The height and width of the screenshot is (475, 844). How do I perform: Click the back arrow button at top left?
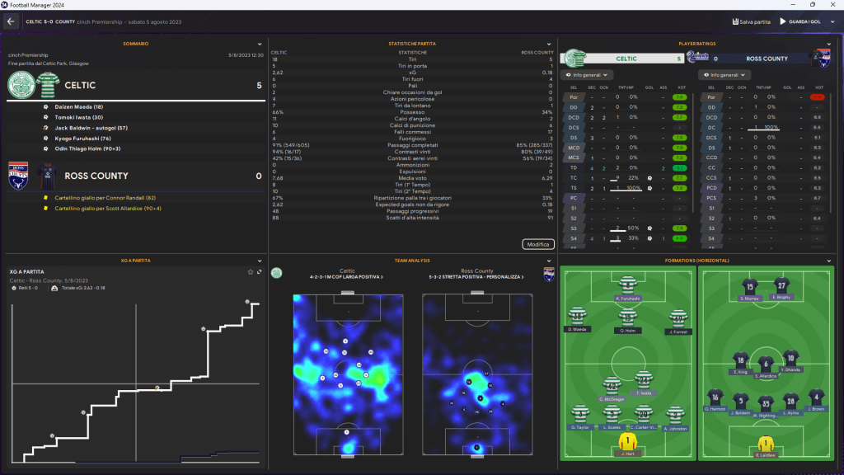click(12, 21)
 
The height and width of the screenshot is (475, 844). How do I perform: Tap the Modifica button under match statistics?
click(537, 244)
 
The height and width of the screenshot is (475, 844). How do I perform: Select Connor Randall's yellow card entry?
click(99, 198)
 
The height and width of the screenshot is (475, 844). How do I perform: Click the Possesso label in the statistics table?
click(413, 112)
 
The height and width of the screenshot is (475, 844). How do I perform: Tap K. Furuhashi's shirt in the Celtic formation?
click(628, 283)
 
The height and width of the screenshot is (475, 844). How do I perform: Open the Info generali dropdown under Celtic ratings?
click(586, 75)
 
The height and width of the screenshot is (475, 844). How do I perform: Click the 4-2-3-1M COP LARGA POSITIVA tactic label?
click(347, 276)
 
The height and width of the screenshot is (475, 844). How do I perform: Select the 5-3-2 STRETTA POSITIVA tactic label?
click(476, 276)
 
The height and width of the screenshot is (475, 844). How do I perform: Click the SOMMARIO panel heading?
click(136, 43)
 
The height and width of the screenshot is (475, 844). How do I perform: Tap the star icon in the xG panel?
click(251, 271)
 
